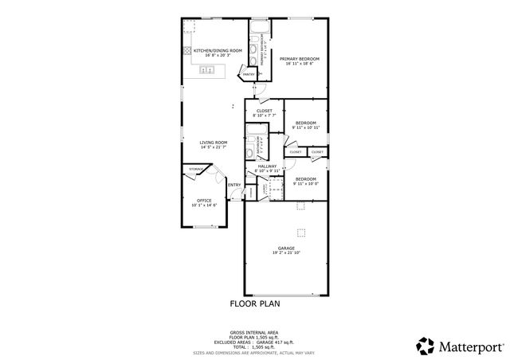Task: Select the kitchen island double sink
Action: click(x=207, y=71)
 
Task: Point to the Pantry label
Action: click(x=249, y=74)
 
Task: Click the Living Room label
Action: click(x=214, y=143)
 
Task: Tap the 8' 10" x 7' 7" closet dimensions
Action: click(x=265, y=115)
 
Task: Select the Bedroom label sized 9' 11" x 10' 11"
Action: click(x=305, y=123)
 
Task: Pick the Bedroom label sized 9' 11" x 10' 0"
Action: click(x=305, y=179)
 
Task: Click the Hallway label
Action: click(x=266, y=166)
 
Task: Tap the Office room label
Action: click(x=204, y=200)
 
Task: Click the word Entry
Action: click(x=234, y=185)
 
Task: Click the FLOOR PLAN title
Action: click(x=255, y=303)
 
